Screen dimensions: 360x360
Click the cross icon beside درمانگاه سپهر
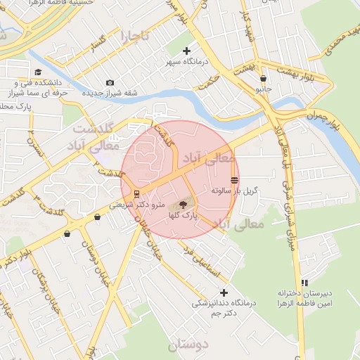(x=186, y=51)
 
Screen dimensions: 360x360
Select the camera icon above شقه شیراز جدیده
(x=110, y=83)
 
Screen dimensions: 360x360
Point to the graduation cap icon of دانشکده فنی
(x=38, y=72)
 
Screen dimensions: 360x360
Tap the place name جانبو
(x=262, y=90)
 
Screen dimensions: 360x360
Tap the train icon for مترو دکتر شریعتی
(x=136, y=194)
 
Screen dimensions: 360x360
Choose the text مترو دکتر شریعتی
(x=138, y=205)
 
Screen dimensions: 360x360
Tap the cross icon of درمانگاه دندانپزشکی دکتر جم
(x=224, y=292)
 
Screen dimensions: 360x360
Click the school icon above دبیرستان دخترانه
(x=304, y=282)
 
